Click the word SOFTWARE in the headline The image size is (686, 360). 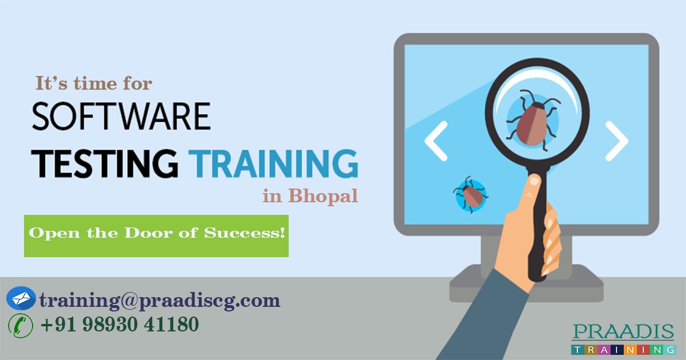point(121,118)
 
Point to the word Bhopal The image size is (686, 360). point(323,196)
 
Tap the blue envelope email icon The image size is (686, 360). point(21,298)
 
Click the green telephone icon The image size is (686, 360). point(20,325)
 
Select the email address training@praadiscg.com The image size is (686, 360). point(159,299)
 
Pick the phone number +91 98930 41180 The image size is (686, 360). point(119,325)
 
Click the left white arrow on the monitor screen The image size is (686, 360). point(436,141)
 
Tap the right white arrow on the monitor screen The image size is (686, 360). point(616,141)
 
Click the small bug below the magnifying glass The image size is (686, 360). point(470,194)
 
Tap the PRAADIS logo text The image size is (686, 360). point(623,333)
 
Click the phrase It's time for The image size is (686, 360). point(94,83)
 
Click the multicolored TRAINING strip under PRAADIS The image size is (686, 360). point(623,349)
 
